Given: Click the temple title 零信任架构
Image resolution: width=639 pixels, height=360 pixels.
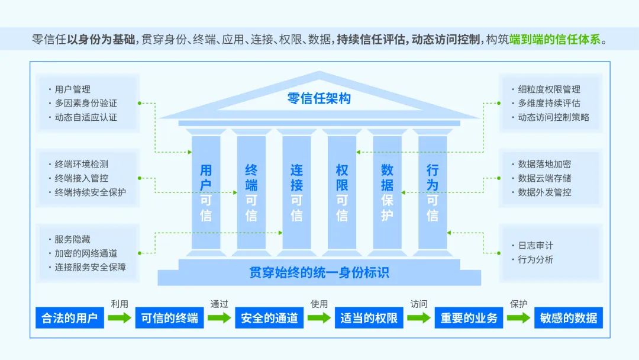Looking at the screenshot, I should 319,98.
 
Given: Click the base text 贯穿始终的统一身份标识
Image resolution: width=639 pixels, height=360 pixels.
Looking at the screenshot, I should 319,273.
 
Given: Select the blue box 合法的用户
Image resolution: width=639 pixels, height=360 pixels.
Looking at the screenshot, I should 69,318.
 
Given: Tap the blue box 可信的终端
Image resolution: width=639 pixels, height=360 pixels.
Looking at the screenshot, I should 169,318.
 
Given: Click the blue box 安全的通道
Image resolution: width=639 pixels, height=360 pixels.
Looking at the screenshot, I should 269,318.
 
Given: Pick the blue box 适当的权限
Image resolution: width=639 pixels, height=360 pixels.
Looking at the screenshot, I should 369,318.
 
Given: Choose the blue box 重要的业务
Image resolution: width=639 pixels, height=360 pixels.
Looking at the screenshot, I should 469,318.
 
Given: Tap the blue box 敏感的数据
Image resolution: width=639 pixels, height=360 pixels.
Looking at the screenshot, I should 569,318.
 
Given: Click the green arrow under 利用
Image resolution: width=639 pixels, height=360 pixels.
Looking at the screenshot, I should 120,318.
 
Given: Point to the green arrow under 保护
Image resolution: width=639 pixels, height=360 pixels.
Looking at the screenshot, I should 519,318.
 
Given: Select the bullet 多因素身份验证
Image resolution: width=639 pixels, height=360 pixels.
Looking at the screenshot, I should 86,103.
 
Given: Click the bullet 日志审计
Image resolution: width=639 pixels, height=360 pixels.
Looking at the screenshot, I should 535,245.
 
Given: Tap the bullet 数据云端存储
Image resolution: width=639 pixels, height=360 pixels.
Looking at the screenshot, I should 544,178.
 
